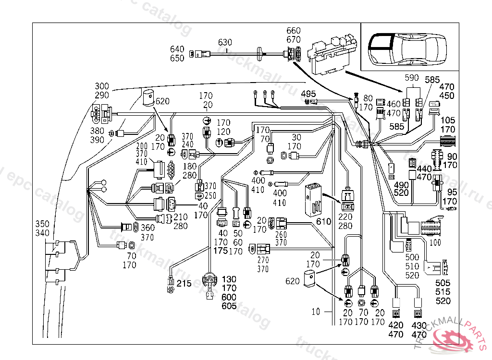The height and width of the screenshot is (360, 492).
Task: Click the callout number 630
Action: tap(225, 42)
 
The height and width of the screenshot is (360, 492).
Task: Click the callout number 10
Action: tap(315, 312)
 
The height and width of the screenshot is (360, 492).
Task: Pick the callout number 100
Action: tap(435, 243)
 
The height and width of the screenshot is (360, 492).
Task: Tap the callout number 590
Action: tap(412, 78)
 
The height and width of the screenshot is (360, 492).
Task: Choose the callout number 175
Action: tap(221, 251)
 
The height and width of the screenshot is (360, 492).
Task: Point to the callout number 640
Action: tap(177, 49)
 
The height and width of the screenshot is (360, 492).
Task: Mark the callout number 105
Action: tap(448, 120)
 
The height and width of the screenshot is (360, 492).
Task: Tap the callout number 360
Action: tap(148, 228)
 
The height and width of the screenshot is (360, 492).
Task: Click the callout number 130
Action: tap(229, 279)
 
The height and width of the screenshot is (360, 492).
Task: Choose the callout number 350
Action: tap(43, 224)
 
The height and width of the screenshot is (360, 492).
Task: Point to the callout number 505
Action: tap(443, 283)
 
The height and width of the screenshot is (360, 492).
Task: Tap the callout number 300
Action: tap(102, 86)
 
